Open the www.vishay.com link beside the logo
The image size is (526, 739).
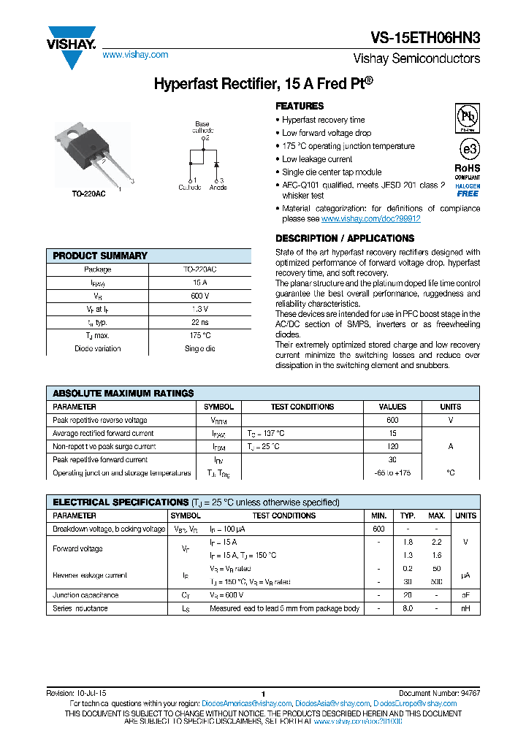(135, 55)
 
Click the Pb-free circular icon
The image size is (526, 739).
(468, 117)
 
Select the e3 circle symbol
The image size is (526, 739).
(468, 149)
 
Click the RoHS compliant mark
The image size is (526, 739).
(468, 171)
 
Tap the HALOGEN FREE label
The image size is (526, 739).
(468, 190)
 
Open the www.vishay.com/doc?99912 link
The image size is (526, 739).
(370, 218)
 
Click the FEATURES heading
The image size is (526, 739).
(300, 106)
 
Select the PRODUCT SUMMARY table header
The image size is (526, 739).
(100, 256)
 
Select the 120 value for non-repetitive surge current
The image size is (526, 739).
(392, 446)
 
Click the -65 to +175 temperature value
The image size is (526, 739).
(392, 472)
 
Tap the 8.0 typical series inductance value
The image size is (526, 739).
(408, 608)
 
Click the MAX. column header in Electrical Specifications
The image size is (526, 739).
(436, 516)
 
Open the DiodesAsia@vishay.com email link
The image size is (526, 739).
(330, 703)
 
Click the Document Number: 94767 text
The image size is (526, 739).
(439, 693)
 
